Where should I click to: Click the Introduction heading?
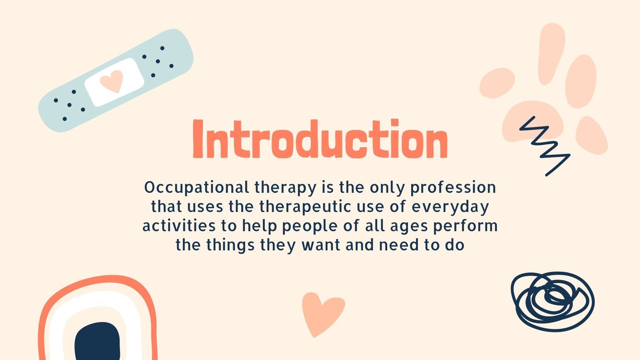pyautogui.click(x=320, y=139)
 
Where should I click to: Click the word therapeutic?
pyautogui.click(x=314, y=206)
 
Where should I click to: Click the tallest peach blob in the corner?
pyautogui.click(x=551, y=52)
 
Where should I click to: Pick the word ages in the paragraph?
pyautogui.click(x=404, y=226)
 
